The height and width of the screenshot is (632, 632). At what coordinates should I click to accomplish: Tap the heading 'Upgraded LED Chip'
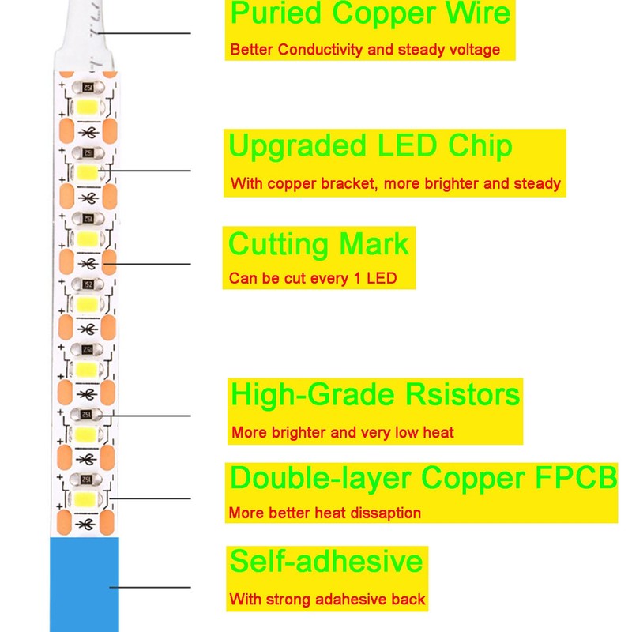pyautogui.click(x=371, y=146)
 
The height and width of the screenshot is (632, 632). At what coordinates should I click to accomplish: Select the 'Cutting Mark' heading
pyautogui.click(x=319, y=243)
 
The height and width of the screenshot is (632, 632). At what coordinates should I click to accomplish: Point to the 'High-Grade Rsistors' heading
pyautogui.click(x=375, y=393)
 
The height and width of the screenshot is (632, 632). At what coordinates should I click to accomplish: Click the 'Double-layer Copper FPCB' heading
pyautogui.click(x=423, y=478)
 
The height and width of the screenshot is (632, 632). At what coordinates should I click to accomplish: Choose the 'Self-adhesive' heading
pyautogui.click(x=326, y=561)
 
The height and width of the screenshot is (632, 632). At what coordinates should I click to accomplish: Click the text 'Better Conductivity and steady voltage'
pyautogui.click(x=365, y=50)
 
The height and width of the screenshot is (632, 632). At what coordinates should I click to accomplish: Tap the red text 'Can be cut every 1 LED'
pyautogui.click(x=313, y=279)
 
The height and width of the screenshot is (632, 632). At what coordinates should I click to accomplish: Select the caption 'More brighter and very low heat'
pyautogui.click(x=343, y=433)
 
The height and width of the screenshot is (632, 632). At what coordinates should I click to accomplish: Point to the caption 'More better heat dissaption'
pyautogui.click(x=325, y=513)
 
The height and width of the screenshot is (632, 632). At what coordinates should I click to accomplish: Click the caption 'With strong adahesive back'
pyautogui.click(x=328, y=600)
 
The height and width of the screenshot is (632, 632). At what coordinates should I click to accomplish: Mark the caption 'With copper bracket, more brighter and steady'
pyautogui.click(x=396, y=184)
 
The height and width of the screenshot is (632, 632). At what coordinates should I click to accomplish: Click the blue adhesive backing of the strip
pyautogui.click(x=85, y=585)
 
